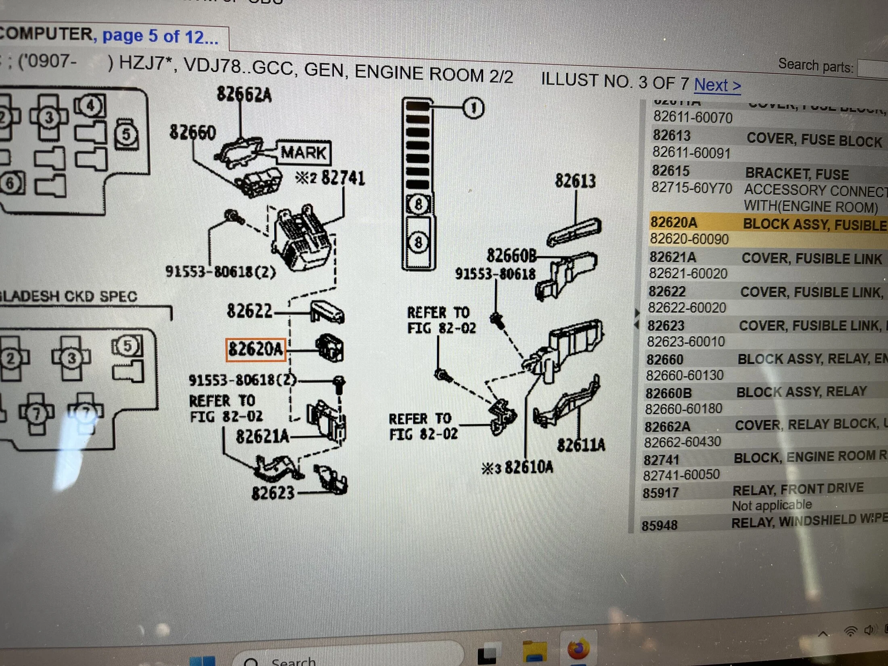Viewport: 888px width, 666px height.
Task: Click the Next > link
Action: (717, 85)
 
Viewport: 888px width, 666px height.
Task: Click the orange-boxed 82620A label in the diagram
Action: (256, 349)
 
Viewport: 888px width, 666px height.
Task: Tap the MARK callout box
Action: (304, 153)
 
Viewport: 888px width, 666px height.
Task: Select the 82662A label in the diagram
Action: (244, 94)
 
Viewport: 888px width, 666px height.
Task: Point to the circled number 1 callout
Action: (473, 108)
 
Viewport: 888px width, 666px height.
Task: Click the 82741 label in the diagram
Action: (343, 178)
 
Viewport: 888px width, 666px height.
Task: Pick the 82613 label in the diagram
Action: (575, 181)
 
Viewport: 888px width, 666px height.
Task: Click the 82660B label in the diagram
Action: (511, 256)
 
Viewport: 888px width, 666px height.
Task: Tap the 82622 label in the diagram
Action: (249, 311)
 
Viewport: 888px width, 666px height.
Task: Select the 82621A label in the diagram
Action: (262, 436)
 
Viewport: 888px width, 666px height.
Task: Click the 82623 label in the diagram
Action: (273, 493)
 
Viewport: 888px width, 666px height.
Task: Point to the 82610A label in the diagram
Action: (528, 467)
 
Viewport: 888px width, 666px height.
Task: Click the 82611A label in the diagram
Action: (581, 445)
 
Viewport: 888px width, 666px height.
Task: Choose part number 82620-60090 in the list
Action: (689, 239)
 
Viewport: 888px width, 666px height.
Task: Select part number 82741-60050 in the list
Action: (681, 475)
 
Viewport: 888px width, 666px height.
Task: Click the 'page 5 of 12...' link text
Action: (160, 36)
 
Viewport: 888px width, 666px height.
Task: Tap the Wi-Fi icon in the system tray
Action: (850, 631)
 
